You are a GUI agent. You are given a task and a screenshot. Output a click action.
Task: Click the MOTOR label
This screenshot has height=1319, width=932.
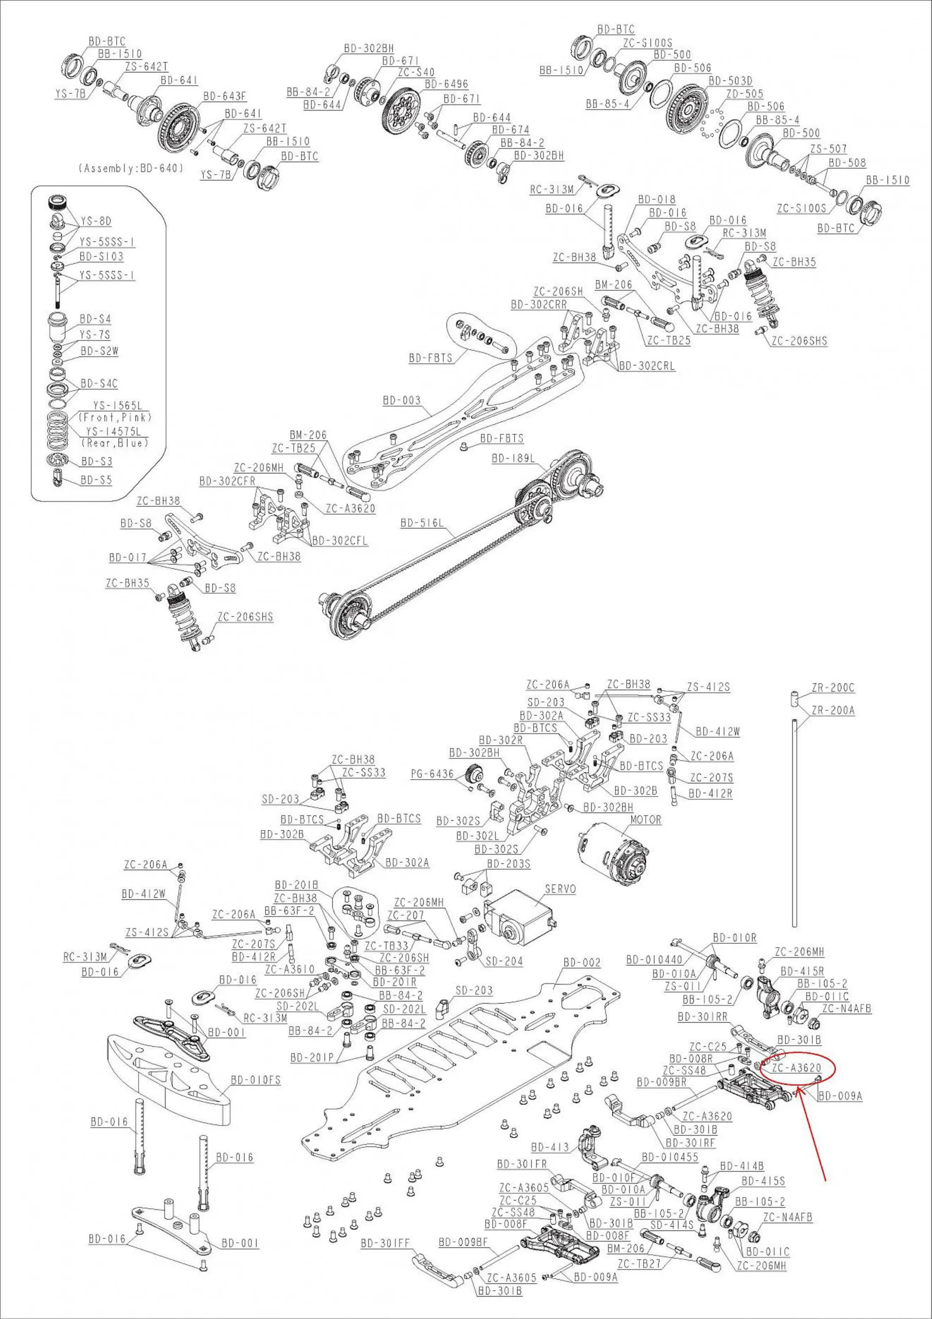coord(645,820)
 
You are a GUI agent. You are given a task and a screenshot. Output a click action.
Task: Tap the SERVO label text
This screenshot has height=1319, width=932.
coord(560,889)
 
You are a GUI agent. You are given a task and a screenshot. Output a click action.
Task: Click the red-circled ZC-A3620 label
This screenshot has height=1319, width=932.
coord(797,1068)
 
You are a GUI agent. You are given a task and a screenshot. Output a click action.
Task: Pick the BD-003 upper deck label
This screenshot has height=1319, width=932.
coord(401,401)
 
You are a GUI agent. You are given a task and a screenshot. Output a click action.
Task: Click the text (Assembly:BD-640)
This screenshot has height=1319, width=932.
coord(131,169)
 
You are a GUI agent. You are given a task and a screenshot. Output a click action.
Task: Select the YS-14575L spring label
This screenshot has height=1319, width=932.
coord(114,431)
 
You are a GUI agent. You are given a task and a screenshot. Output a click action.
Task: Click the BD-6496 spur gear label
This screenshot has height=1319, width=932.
coord(446,84)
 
